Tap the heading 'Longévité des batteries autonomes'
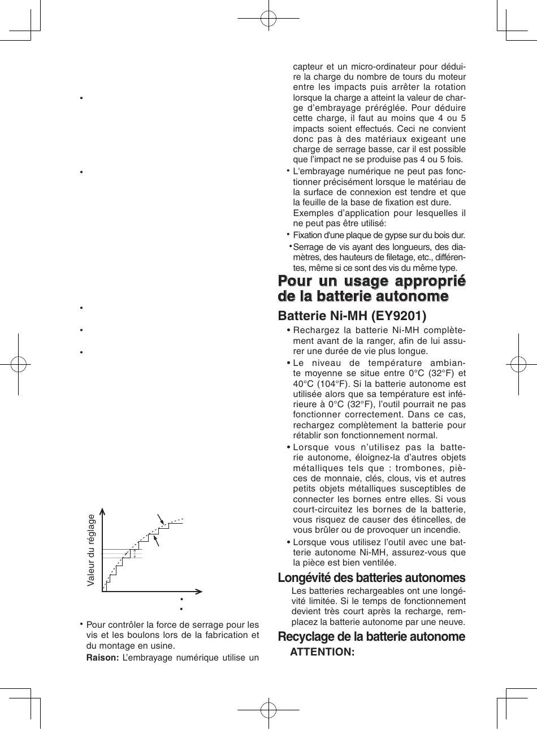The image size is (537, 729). (371, 577)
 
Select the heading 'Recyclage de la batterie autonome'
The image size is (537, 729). (371, 636)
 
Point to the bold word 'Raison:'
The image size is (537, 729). (102, 657)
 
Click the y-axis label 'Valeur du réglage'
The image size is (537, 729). (92, 549)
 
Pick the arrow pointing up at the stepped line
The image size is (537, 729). (157, 540)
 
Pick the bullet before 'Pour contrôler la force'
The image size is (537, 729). (81, 624)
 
